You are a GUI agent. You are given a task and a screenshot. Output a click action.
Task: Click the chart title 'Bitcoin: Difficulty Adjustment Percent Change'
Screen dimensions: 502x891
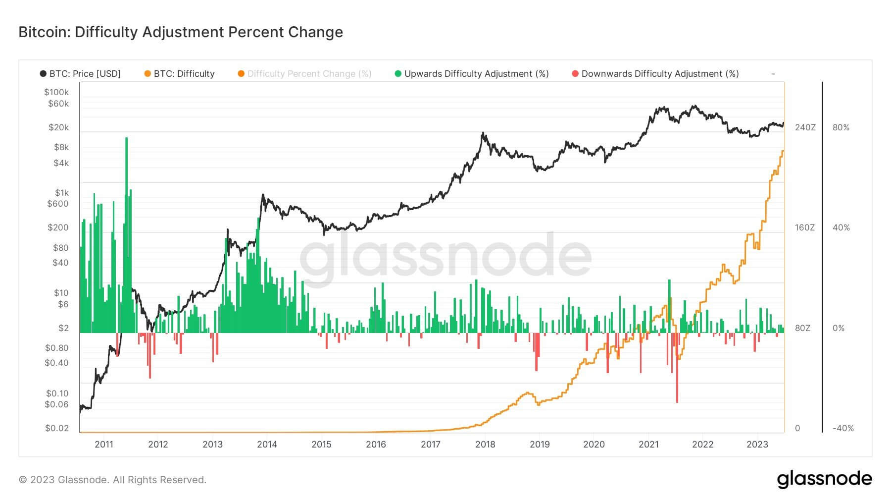click(x=181, y=32)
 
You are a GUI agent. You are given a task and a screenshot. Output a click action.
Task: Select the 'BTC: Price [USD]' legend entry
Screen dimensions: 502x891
click(x=85, y=74)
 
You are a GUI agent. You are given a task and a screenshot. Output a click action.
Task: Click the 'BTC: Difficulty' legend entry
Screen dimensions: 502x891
click(x=184, y=74)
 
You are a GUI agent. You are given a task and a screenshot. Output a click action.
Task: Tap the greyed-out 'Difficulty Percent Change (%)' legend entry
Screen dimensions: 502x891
click(x=309, y=74)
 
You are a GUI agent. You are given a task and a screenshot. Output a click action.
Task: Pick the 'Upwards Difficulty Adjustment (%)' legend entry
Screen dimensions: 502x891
click(x=476, y=74)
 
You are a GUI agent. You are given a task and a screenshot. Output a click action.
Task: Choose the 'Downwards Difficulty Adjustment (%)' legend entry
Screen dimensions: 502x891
click(x=660, y=74)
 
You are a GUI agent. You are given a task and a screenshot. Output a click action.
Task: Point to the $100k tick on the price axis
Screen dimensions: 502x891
click(x=56, y=92)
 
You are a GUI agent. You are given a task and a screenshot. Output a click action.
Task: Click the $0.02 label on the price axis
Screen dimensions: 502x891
click(x=57, y=428)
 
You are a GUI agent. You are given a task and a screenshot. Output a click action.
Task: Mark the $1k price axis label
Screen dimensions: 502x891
click(x=62, y=193)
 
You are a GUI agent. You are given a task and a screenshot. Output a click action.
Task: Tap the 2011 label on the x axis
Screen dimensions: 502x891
click(x=103, y=444)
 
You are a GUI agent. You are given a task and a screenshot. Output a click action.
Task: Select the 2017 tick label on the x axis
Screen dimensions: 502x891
click(x=430, y=444)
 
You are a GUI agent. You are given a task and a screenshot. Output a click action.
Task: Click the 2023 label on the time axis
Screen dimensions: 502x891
click(x=757, y=444)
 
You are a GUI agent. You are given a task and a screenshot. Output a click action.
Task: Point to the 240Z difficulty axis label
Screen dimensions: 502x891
click(x=805, y=127)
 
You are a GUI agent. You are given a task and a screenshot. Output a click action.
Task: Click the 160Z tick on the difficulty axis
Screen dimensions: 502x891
click(x=805, y=227)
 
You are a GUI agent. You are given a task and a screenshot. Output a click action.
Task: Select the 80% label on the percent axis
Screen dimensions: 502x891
click(x=841, y=127)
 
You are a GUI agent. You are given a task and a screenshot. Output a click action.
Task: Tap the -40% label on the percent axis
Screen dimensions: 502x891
click(x=843, y=428)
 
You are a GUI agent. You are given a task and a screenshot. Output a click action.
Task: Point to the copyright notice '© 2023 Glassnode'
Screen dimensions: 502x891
click(x=112, y=480)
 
